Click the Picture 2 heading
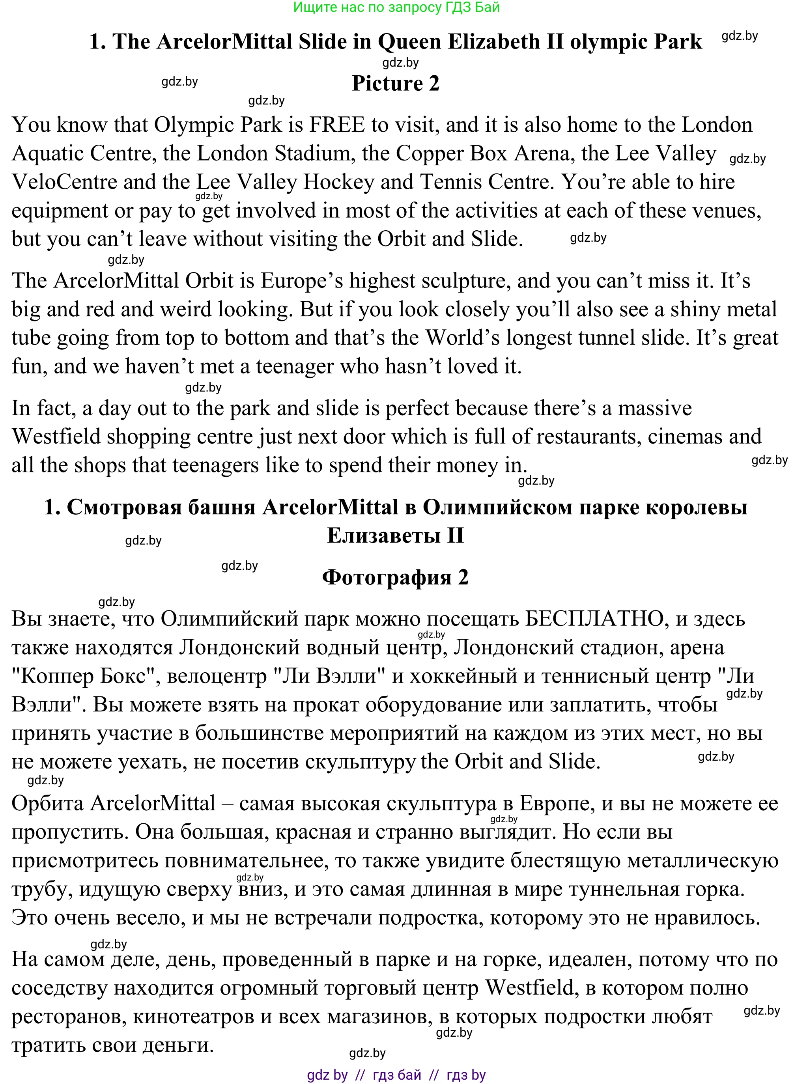396,84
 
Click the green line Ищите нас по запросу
396,7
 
